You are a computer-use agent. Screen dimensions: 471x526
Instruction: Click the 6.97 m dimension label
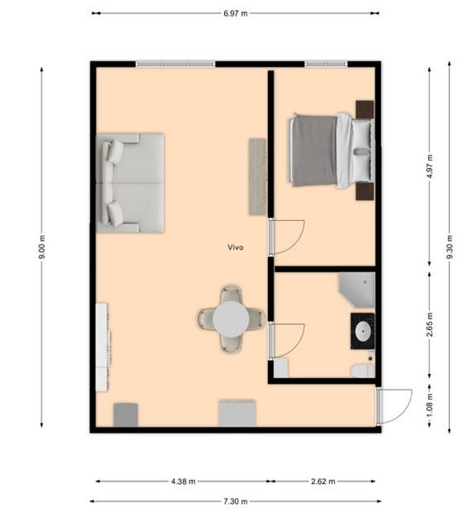pos(235,14)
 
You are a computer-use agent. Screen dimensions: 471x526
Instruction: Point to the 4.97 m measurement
pos(430,166)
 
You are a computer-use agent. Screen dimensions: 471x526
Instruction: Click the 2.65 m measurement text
pos(430,325)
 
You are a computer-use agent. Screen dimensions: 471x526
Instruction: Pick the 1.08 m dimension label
pos(430,405)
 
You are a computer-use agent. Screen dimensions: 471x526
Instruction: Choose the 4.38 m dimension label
pos(183,481)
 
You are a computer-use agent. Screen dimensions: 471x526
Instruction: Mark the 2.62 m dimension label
pos(323,481)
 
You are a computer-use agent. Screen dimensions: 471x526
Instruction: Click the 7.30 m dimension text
pos(235,501)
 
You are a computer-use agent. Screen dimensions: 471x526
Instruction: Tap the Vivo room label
pos(235,247)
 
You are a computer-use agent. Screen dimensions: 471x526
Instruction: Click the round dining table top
pos(231,319)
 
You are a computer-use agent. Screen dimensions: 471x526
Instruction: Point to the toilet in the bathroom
pos(362,371)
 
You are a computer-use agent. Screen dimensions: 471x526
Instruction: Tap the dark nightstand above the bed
pos(365,110)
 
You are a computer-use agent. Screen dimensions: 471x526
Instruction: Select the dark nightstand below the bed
pos(365,191)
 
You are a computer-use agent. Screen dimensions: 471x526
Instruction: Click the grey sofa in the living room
pos(130,183)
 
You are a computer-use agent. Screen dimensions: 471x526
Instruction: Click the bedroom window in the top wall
pos(326,64)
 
